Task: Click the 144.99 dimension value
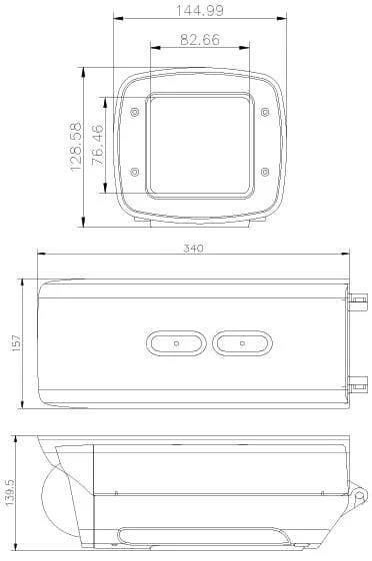[x=200, y=10]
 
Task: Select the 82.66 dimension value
[x=200, y=39]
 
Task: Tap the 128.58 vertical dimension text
[x=76, y=147]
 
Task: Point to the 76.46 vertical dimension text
[x=97, y=146]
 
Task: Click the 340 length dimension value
[x=193, y=249]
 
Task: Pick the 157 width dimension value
[x=16, y=343]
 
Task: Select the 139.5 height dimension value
[x=9, y=493]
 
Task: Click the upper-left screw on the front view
[x=135, y=113]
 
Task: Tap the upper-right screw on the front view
[x=265, y=113]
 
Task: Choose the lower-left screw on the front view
[x=135, y=172]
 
